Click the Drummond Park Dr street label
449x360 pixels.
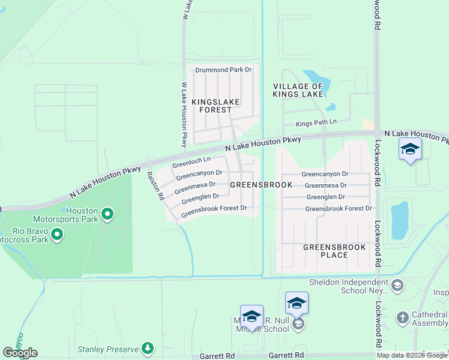pos(223,70)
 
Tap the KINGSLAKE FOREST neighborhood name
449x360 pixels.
pos(211,106)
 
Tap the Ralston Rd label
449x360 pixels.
pos(155,185)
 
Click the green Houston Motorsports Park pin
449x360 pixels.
pos(107,214)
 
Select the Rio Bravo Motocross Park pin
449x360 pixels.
pos(57,234)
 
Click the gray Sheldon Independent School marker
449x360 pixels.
pos(396,286)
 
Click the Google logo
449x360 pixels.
pos(20,353)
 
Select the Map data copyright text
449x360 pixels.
pos(412,355)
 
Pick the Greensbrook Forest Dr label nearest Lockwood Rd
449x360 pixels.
pos(339,208)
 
